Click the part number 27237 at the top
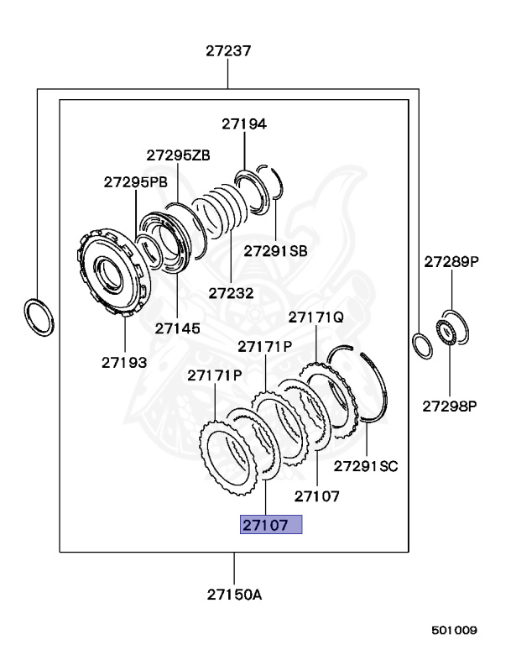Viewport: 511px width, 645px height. pos(228,51)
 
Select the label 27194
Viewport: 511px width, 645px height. pos(244,123)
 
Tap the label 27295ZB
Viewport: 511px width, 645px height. pos(178,155)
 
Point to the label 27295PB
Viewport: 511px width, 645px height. pos(136,181)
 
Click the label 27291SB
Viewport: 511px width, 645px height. pos(275,251)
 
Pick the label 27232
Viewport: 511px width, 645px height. pos(231,293)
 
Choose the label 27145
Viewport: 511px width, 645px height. pos(178,328)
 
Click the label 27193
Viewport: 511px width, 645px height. pos(124,363)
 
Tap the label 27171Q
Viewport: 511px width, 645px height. pos(315,317)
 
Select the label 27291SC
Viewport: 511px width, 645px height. pos(366,466)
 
